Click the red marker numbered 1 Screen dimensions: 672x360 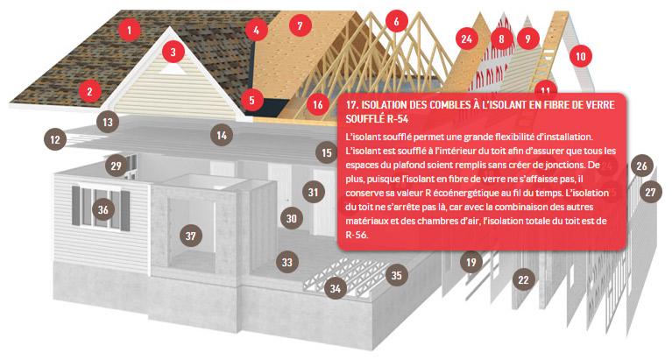pos(130,30)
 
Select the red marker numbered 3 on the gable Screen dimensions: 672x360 pos(173,53)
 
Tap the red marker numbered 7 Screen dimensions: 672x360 pos(300,25)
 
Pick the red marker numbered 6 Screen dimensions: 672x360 pos(396,21)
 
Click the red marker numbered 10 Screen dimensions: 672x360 pos(581,56)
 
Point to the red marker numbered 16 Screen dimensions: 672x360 pos(317,104)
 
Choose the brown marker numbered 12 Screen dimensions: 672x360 pos(55,139)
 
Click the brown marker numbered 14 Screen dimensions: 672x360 pos(222,136)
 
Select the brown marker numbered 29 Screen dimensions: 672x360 pos(117,166)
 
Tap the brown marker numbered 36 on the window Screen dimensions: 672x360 pos(103,209)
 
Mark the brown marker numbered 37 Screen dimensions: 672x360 pos(191,236)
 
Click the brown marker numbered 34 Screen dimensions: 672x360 pos(336,288)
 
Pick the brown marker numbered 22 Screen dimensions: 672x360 pos(523,280)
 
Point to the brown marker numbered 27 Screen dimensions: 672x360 pos(651,192)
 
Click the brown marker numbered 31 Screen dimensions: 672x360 pos(314,192)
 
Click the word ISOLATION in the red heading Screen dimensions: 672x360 pos(382,105)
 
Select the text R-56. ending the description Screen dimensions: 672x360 pos(357,235)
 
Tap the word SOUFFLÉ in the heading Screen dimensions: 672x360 pos(362,119)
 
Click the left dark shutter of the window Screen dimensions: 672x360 pos(76,206)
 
